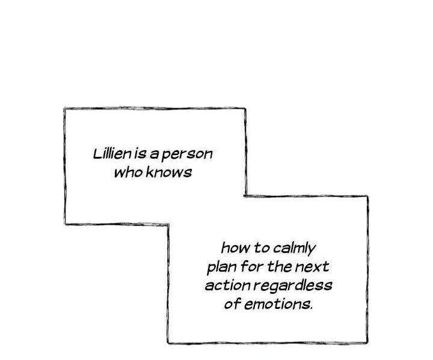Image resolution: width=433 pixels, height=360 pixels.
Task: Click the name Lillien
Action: (112, 154)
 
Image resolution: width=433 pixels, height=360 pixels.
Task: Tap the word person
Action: (187, 154)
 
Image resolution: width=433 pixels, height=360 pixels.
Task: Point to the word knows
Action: (169, 172)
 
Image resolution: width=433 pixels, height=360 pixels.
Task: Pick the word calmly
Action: (294, 249)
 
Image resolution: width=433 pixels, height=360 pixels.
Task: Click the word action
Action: (227, 285)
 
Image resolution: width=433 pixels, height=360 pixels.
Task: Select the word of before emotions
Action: (233, 304)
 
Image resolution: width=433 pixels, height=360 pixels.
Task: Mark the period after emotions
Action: (312, 308)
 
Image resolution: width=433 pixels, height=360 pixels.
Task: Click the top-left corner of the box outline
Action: (65, 109)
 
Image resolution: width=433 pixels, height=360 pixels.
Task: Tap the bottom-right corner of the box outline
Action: (367, 343)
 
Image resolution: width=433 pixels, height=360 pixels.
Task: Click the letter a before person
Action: (154, 155)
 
